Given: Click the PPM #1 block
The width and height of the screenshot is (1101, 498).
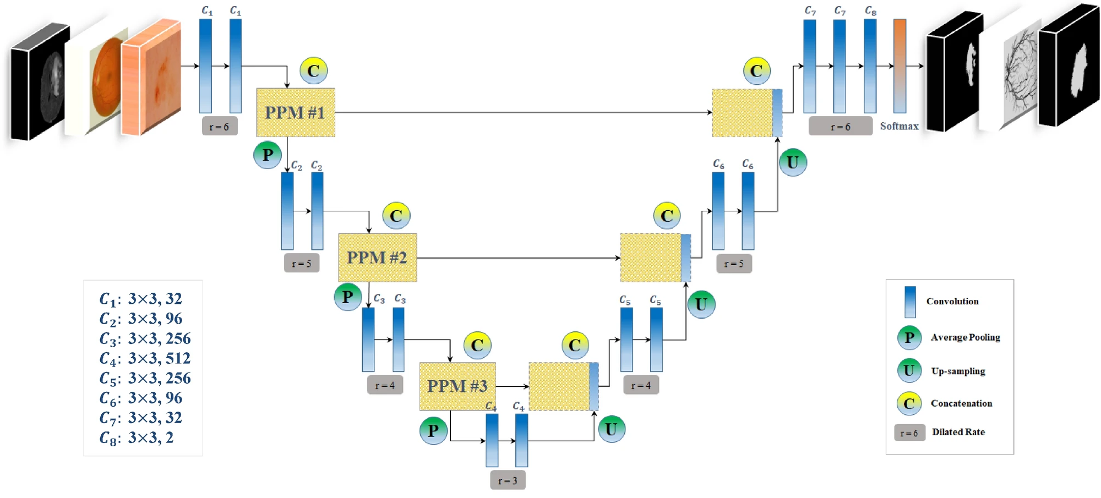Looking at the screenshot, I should [296, 112].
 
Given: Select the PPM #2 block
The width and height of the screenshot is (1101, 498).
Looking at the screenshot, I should [377, 258].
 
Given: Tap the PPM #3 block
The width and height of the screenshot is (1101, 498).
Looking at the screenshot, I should [457, 386].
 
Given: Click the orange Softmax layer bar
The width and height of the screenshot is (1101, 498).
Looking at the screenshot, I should [900, 66].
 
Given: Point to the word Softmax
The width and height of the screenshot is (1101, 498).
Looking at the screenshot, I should [899, 126].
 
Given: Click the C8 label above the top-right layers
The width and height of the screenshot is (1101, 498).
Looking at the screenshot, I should [870, 10].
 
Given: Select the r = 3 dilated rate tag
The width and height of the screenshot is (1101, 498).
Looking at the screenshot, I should [508, 480].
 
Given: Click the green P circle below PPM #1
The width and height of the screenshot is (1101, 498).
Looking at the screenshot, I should [268, 155].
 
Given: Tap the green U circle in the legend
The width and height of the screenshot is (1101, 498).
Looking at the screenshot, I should [909, 370].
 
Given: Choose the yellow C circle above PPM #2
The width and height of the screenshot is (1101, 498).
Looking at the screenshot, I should [396, 216].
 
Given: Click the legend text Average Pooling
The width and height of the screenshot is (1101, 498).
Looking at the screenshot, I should [965, 337].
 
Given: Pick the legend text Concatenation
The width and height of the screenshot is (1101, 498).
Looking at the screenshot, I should [961, 403].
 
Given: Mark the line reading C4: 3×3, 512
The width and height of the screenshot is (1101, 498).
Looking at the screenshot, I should [145, 359].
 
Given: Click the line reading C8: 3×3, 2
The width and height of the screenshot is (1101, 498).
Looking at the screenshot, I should [137, 438].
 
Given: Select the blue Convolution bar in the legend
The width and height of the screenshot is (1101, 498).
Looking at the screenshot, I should [910, 302].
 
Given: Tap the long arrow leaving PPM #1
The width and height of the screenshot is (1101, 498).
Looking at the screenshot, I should [523, 112].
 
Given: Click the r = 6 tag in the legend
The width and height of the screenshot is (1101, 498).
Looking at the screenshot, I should [909, 433].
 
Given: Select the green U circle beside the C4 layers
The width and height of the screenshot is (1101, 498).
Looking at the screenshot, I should [611, 429].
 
